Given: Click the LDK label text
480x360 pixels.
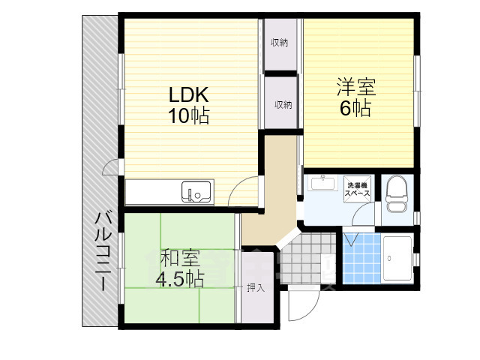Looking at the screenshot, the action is pyautogui.click(x=189, y=94).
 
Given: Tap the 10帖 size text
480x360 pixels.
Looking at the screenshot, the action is pyautogui.click(x=188, y=115).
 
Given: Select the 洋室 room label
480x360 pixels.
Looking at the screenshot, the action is pyautogui.click(x=356, y=87).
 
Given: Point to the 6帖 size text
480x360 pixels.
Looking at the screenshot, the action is pyautogui.click(x=355, y=107).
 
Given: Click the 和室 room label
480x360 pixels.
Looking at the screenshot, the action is pyautogui.click(x=181, y=259).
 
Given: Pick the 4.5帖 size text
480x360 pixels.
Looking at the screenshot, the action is pyautogui.click(x=180, y=278).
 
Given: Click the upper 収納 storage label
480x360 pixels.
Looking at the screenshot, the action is pyautogui.click(x=279, y=43).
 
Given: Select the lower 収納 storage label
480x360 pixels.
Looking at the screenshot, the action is pyautogui.click(x=283, y=105).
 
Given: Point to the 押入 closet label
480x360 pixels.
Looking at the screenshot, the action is pyautogui.click(x=256, y=288).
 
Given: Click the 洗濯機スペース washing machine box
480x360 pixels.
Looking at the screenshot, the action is pyautogui.click(x=357, y=189).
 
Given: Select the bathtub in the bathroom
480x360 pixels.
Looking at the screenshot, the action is pyautogui.click(x=397, y=258).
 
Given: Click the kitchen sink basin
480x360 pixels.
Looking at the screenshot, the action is pyautogui.click(x=197, y=192).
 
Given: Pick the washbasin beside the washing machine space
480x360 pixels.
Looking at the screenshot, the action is pyautogui.click(x=324, y=184).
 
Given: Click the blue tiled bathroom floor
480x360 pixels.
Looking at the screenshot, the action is pyautogui.click(x=361, y=258).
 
